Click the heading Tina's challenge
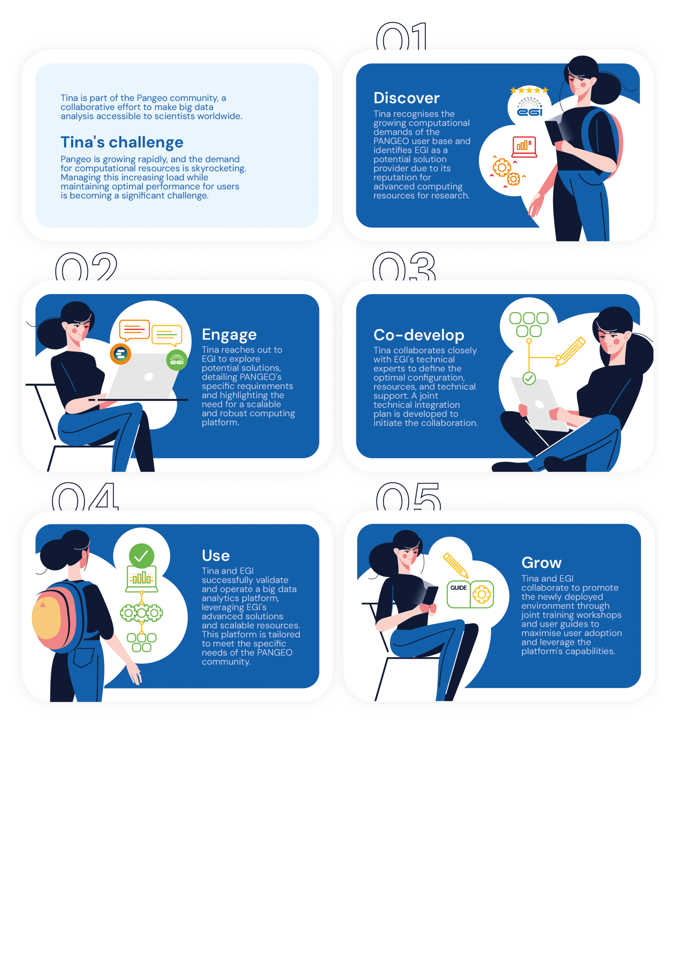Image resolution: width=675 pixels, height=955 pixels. click(x=122, y=142)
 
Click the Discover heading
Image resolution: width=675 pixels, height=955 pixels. click(x=406, y=98)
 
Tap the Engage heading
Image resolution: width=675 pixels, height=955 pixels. click(x=229, y=334)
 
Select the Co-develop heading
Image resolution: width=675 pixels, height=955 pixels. click(x=419, y=335)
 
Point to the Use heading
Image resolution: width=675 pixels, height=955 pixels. click(x=215, y=555)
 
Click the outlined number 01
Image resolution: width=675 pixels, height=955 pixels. click(x=401, y=37)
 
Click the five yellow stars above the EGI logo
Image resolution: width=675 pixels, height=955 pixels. click(x=529, y=90)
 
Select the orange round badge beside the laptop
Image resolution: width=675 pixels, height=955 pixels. click(x=120, y=354)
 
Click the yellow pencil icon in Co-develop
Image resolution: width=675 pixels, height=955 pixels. click(x=571, y=352)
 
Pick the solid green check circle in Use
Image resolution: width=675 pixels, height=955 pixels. click(x=141, y=556)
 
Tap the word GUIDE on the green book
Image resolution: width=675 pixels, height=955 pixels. click(x=458, y=588)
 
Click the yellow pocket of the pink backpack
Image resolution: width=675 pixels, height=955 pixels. click(x=47, y=618)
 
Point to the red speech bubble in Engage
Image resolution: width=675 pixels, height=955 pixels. click(x=134, y=330)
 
